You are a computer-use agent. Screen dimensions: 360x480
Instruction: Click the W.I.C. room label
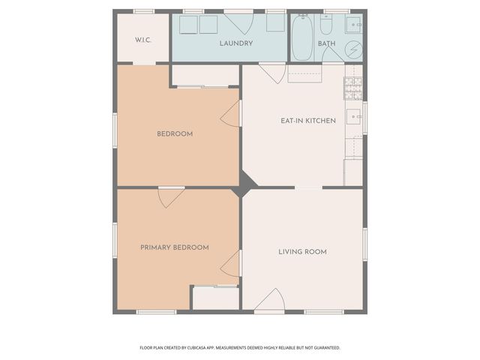[143, 39]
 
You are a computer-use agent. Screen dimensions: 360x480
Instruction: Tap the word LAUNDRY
[235, 43]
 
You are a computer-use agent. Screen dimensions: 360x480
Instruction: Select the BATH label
[327, 43]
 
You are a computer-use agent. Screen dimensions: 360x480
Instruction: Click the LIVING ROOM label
[302, 251]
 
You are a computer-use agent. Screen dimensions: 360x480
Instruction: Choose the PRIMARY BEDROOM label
[175, 247]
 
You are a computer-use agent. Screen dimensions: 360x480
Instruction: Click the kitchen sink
[354, 117]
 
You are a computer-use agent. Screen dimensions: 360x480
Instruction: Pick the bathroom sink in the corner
[355, 25]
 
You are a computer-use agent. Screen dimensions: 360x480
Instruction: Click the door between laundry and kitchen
[273, 73]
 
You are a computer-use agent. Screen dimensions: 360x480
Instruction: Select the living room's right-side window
[365, 248]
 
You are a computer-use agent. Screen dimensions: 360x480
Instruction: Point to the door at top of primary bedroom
[172, 196]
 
